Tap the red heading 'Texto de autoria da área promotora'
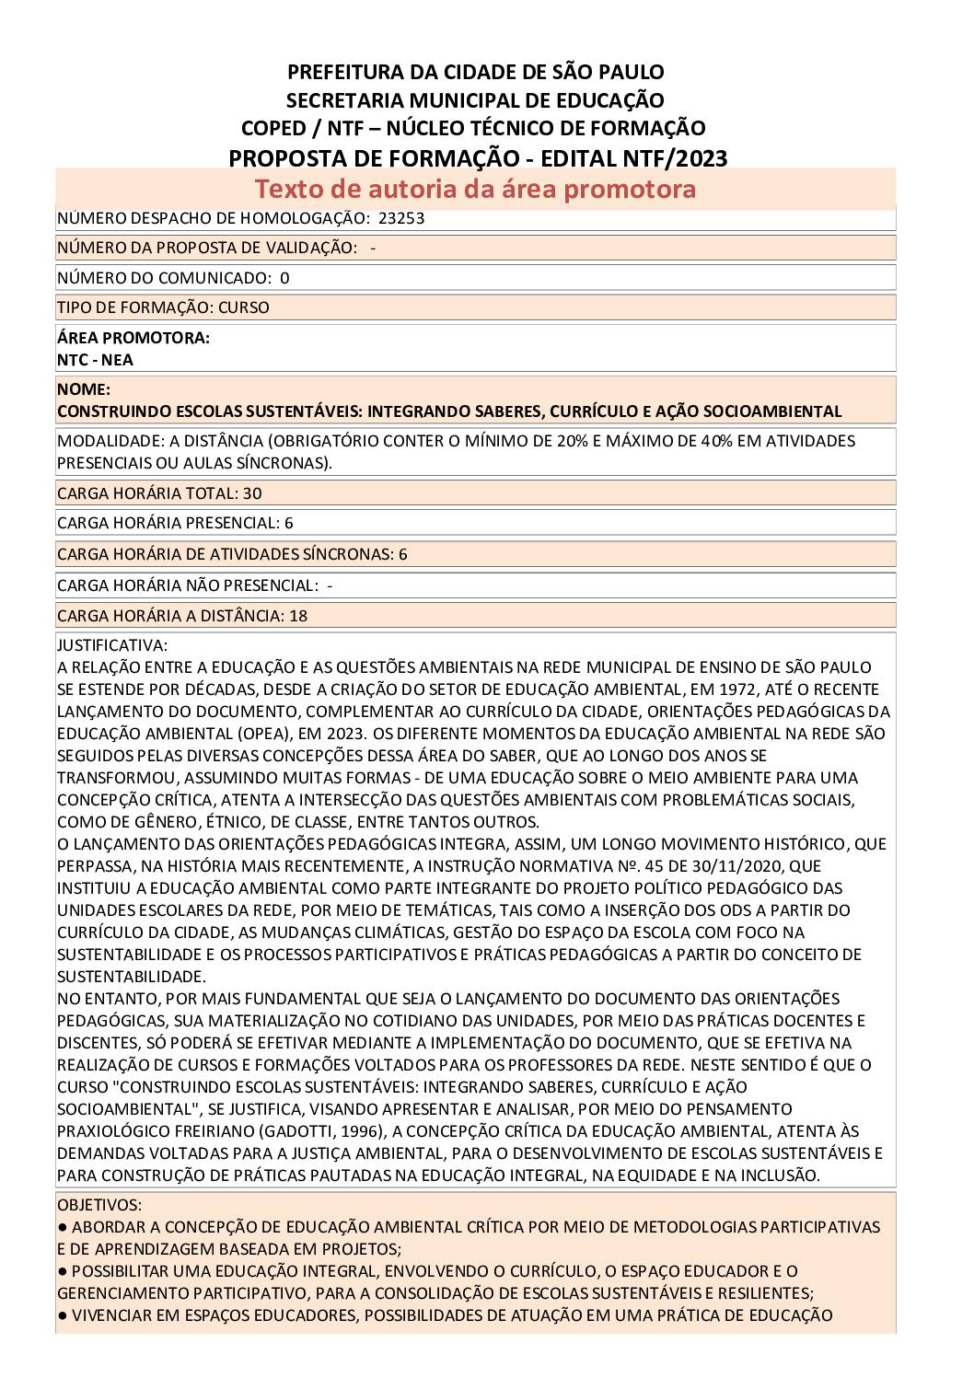[x=475, y=190]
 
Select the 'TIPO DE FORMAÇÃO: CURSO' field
[x=163, y=307]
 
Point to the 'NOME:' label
[x=83, y=389]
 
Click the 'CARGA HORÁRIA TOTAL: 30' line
[x=159, y=493]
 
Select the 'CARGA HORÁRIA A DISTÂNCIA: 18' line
[x=182, y=616]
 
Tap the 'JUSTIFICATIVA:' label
[x=112, y=645]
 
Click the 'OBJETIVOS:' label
[x=99, y=1204]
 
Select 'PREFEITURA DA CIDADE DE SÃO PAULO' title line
[x=476, y=72]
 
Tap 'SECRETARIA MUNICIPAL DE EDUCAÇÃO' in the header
[x=475, y=100]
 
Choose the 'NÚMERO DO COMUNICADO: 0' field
[x=173, y=278]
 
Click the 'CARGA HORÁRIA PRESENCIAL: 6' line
[x=175, y=523]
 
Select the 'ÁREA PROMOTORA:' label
[x=133, y=338]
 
